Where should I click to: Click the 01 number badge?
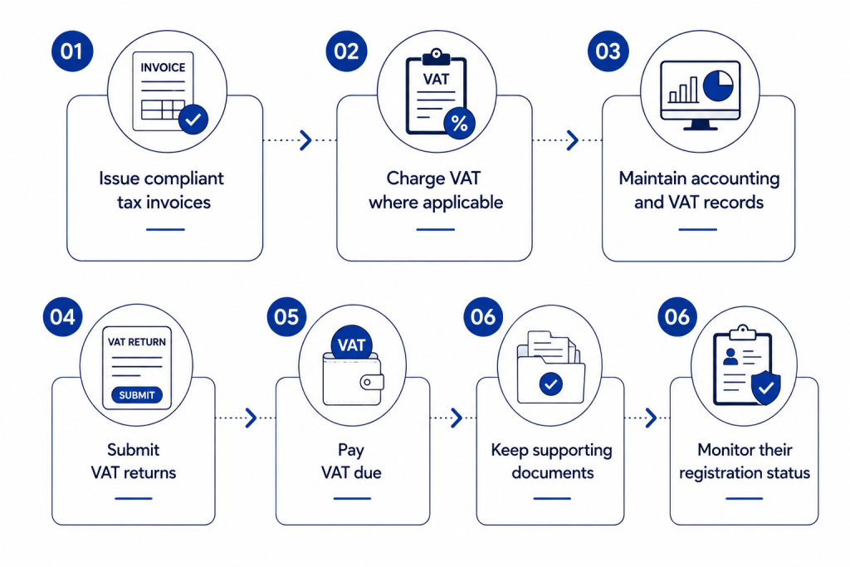72,51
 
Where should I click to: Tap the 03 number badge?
608,51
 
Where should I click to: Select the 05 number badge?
286,317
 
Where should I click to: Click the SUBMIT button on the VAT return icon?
137,395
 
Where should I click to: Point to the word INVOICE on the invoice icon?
163,68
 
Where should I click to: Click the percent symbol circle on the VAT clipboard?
459,125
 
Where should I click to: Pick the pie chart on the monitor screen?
718,86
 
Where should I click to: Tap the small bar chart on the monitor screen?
683,90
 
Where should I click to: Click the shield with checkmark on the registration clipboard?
765,388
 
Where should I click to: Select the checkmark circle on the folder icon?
551,384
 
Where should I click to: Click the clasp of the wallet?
372,382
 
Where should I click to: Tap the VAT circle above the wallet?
351,345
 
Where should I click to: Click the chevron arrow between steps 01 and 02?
306,139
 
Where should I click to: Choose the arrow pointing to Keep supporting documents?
457,418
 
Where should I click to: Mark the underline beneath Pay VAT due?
352,498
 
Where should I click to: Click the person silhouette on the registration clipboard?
730,357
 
